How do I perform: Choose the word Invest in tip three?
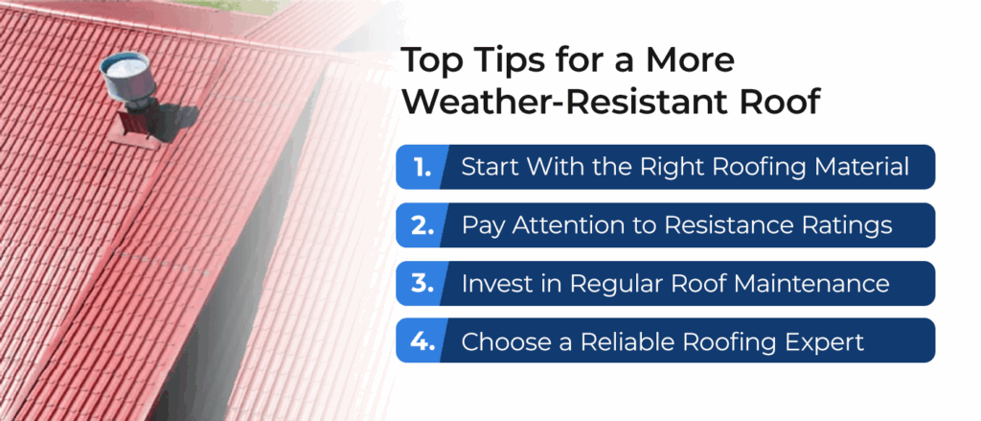pos(493,283)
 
